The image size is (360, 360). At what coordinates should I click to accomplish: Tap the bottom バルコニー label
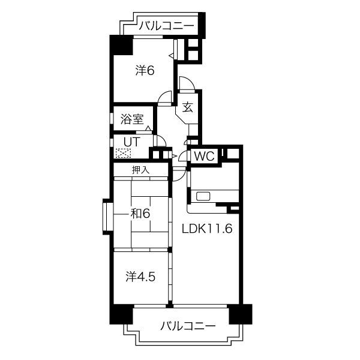click(x=188, y=326)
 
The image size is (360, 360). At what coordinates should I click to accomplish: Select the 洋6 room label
click(x=145, y=70)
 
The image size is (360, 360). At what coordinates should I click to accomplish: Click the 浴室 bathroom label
click(x=131, y=119)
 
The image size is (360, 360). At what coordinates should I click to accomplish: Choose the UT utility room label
click(x=131, y=142)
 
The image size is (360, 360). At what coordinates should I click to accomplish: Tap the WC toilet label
click(x=205, y=156)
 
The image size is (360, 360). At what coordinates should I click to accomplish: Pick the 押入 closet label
click(x=140, y=170)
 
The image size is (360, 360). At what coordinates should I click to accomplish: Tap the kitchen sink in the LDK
click(x=202, y=196)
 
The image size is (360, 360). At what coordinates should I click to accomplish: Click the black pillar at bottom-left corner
click(x=119, y=314)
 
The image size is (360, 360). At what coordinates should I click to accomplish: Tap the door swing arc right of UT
click(x=160, y=142)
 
